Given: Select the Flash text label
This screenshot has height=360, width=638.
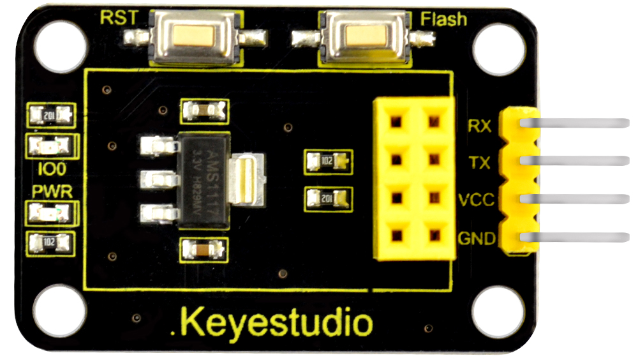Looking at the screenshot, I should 443,19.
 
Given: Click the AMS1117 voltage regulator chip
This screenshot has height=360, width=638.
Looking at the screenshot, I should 202,180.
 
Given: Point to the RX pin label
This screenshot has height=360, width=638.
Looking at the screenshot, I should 479,126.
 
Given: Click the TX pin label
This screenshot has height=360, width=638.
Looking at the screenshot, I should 479,163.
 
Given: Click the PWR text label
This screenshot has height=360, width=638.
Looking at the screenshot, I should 52,191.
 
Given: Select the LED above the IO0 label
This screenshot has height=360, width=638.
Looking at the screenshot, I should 50,147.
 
